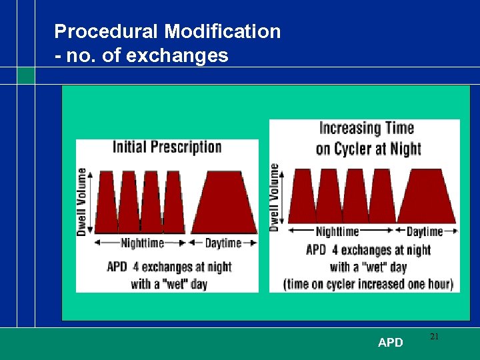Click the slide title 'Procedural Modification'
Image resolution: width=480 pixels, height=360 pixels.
pos(167,31)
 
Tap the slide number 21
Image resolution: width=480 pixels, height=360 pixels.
pos(434,337)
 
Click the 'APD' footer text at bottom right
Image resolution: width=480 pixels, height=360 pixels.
pos(390,343)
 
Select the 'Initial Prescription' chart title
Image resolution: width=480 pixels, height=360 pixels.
pos(167,147)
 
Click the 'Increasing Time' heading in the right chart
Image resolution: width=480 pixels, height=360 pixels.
pos(367,128)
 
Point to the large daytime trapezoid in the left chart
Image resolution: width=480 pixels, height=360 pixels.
pos(224,203)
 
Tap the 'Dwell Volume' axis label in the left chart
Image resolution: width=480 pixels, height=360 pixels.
pos(82,201)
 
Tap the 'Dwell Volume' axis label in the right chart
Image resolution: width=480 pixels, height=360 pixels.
pos(274,197)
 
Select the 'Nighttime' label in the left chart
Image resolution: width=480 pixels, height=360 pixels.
pos(142,243)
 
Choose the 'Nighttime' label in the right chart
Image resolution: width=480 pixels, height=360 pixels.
pos(337,232)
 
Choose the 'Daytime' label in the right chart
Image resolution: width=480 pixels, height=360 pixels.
pos(425,232)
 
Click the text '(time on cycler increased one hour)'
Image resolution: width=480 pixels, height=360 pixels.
pos(368,283)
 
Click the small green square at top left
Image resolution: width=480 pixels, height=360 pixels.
pos(25,75)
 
